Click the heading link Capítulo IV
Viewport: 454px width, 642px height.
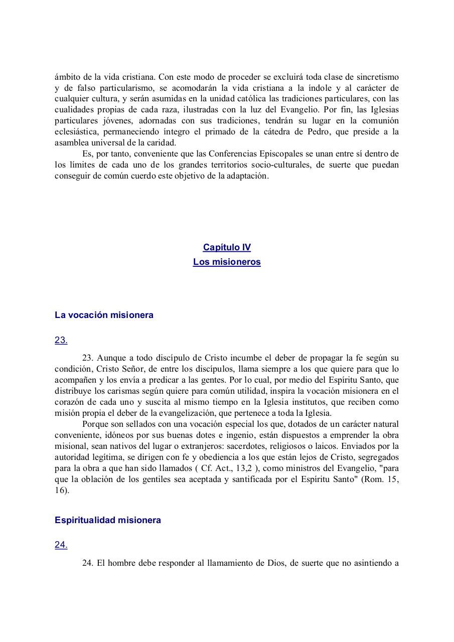pyautogui.click(x=227, y=247)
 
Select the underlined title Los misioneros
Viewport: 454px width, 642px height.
pyautogui.click(x=227, y=262)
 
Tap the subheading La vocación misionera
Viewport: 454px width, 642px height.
pyautogui.click(x=104, y=315)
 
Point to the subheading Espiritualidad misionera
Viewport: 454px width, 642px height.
pyautogui.click(x=108, y=520)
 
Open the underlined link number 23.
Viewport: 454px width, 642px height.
pyautogui.click(x=61, y=340)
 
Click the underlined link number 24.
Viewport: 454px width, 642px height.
pyautogui.click(x=61, y=545)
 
